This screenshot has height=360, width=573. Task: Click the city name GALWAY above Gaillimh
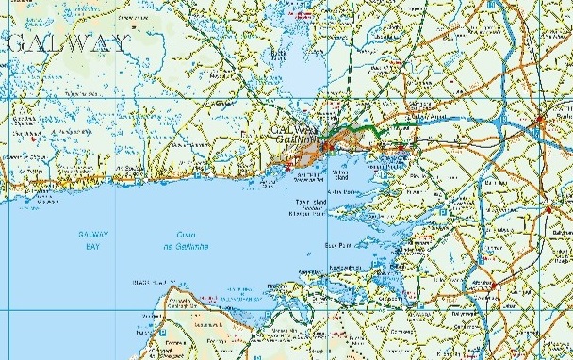pos(292,129)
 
